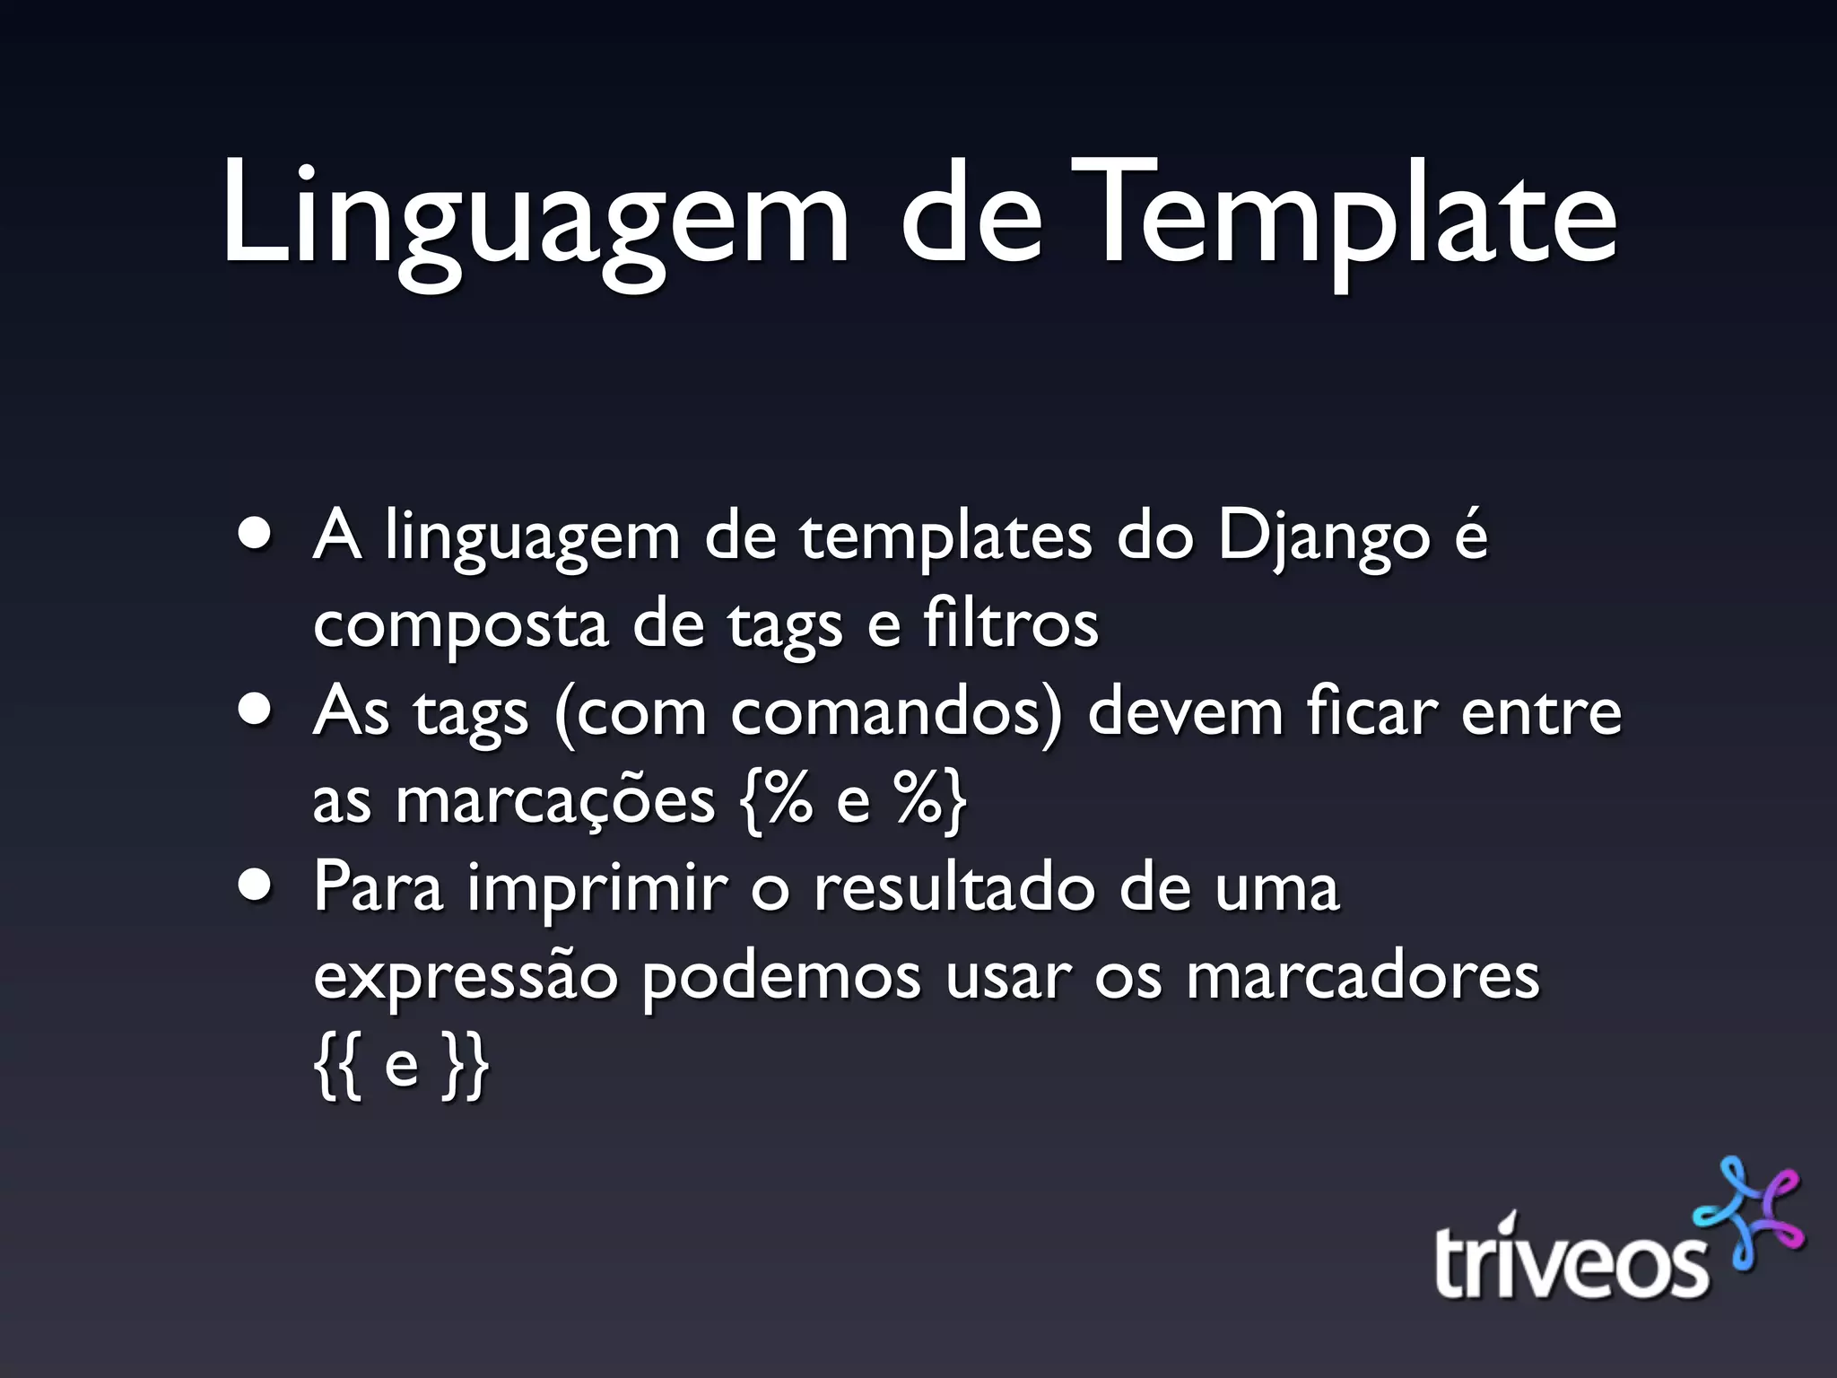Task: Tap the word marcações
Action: point(555,801)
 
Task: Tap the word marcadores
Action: point(1363,976)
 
